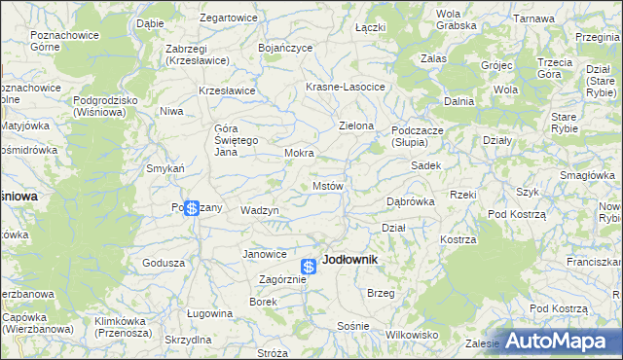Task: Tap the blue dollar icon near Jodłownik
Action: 309,266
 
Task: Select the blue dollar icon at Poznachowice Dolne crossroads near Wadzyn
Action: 192,208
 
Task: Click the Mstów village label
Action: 327,186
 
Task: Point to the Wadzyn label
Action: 260,210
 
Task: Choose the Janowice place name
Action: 265,254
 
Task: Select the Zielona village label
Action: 356,126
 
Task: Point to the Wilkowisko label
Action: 412,334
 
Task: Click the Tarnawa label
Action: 534,18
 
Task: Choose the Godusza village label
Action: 164,263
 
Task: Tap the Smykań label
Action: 165,168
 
